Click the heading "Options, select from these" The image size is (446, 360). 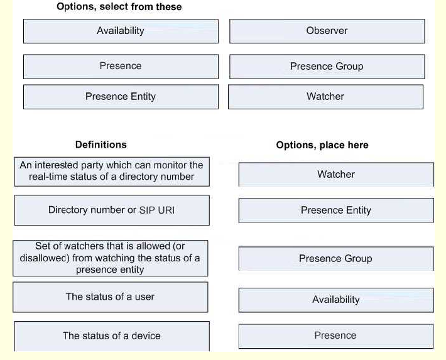coord(119,6)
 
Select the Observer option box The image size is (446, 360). coord(327,31)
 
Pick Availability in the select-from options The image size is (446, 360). coord(121,31)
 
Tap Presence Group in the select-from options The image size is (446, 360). coord(327,67)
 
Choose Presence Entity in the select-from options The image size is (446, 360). coord(121,97)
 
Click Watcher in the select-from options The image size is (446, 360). coord(325,97)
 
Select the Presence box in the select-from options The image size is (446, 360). coord(121,67)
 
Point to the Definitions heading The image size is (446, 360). coord(101,145)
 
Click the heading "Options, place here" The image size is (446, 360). coord(322,145)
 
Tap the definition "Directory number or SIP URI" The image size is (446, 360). coord(112,210)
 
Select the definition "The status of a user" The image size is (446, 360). coord(111,297)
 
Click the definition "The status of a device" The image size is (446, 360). coord(112,336)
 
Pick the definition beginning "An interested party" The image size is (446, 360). coord(112,172)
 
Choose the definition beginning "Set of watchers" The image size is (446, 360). coord(111,258)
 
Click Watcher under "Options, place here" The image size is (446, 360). coord(336,175)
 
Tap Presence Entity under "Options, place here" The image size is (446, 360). coord(336,210)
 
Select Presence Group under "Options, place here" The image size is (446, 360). coord(336,259)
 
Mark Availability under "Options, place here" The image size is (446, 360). coord(336,300)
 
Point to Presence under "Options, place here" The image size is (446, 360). coord(336,336)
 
